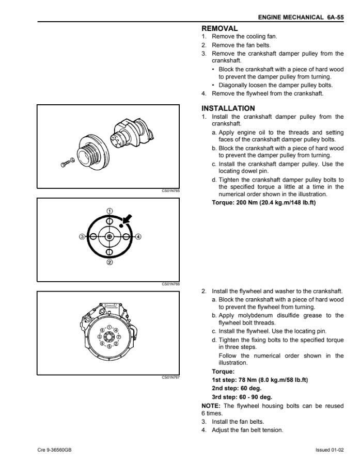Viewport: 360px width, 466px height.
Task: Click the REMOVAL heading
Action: pos(220,29)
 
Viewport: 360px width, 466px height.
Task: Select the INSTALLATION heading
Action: pos(228,108)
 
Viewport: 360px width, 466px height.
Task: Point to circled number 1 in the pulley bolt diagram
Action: pos(109,211)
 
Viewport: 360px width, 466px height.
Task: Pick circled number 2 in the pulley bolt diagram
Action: pos(109,262)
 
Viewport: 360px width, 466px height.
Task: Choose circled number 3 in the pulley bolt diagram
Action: pos(82,236)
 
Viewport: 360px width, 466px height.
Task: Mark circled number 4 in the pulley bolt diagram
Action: pos(138,236)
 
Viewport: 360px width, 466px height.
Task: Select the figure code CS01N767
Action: pos(170,377)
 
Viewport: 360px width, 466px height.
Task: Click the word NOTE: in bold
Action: pos(210,406)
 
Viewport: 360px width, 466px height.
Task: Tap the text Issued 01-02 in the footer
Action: pos(329,450)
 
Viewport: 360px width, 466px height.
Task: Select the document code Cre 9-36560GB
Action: pos(54,450)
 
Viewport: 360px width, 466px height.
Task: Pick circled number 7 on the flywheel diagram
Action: pos(119,336)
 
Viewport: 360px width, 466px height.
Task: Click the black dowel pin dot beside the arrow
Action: pos(120,225)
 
